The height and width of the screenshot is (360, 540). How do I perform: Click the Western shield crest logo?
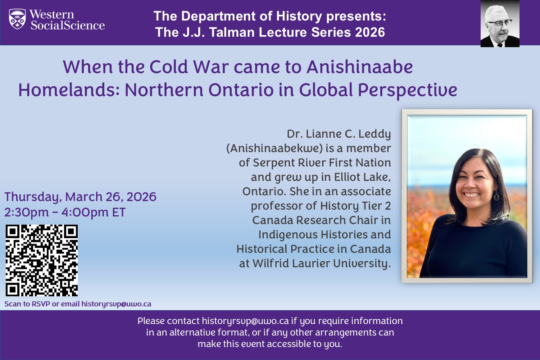[17, 19]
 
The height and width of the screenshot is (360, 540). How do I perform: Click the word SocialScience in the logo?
[68, 26]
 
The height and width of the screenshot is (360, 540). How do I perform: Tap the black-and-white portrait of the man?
[500, 23]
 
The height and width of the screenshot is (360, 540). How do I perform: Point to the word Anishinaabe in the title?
[359, 67]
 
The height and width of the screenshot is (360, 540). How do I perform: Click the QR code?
[42, 260]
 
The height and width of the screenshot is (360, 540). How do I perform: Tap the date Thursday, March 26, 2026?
[80, 197]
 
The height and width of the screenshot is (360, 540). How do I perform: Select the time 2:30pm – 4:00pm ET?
[65, 212]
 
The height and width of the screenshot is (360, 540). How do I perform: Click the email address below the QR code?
[116, 304]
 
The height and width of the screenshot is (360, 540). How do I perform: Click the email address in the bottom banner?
[245, 321]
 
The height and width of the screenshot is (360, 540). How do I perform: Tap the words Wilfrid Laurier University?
[320, 264]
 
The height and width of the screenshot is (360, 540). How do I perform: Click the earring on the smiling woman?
[496, 196]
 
